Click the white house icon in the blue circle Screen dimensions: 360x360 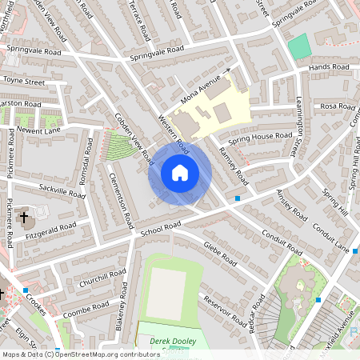(x=179, y=172)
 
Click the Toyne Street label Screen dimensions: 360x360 (x=25, y=81)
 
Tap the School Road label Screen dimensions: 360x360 (x=157, y=229)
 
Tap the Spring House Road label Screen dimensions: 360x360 (x=260, y=137)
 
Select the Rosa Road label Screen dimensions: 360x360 (x=337, y=106)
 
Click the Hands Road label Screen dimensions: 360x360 (x=330, y=67)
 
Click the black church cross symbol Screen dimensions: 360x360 (x=24, y=217)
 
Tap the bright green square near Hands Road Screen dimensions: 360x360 (x=299, y=46)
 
